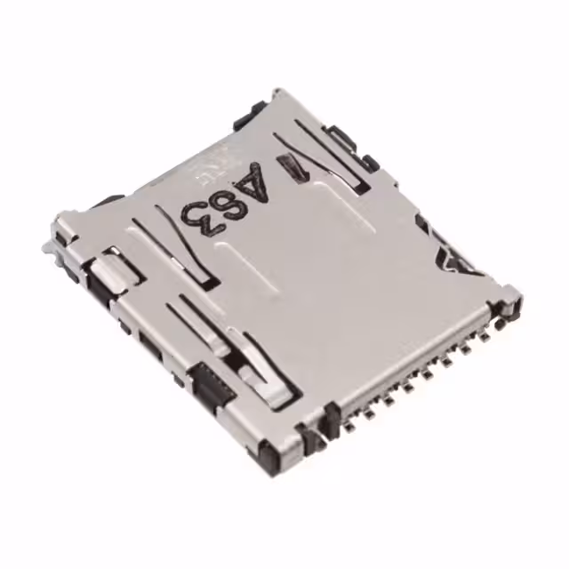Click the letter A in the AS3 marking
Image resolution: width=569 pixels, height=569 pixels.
(252, 182)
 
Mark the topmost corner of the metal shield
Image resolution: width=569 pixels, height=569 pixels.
(276, 91)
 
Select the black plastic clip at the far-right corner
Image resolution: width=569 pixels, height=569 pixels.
(509, 301)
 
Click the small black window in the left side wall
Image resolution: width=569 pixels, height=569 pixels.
(148, 342)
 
